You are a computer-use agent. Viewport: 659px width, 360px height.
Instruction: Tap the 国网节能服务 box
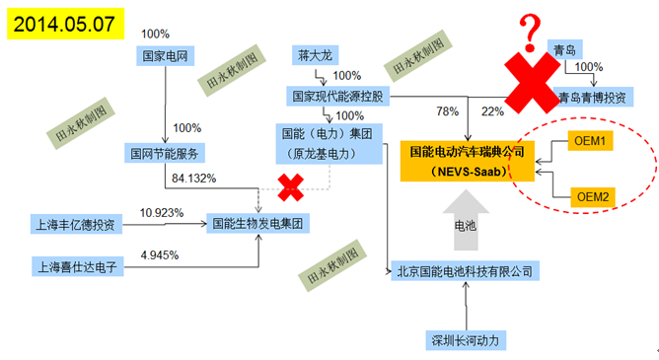(164, 152)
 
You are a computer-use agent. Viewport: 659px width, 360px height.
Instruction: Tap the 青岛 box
(564, 47)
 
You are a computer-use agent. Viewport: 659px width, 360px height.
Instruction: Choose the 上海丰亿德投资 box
(78, 224)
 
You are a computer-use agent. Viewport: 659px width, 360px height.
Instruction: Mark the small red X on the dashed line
(290, 185)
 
